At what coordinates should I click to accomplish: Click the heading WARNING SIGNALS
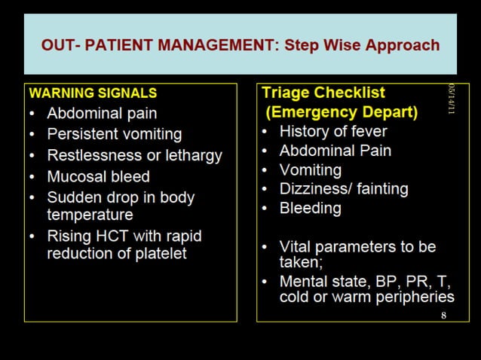pyautogui.click(x=92, y=94)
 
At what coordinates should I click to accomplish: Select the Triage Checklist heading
pyautogui.click(x=323, y=93)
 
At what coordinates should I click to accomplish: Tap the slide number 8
pyautogui.click(x=443, y=315)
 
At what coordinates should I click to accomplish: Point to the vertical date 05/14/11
pyautogui.click(x=452, y=99)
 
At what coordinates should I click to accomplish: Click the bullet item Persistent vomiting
pyautogui.click(x=114, y=134)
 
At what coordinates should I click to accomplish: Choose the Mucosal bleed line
pyautogui.click(x=98, y=176)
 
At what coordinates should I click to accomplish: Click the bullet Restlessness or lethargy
pyautogui.click(x=134, y=155)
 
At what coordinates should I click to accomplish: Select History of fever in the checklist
pyautogui.click(x=332, y=131)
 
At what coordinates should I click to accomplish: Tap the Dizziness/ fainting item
pyautogui.click(x=343, y=189)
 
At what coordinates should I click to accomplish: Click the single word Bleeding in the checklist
pyautogui.click(x=310, y=208)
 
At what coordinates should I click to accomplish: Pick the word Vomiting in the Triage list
pyautogui.click(x=310, y=169)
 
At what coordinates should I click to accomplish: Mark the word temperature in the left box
pyautogui.click(x=90, y=215)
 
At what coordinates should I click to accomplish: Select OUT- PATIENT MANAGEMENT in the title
pyautogui.click(x=159, y=44)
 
